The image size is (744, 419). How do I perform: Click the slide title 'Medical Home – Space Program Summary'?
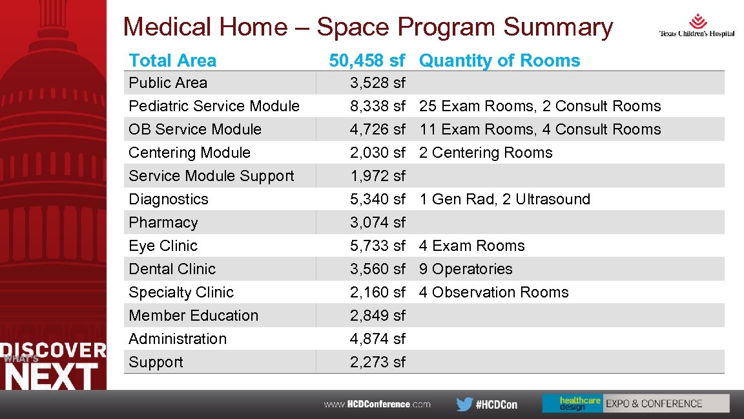(367, 27)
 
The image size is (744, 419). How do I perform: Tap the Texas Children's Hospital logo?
(697, 26)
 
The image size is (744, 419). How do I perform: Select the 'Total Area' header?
(172, 61)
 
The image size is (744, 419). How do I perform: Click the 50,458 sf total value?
(367, 61)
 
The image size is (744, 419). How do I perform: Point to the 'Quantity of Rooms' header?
(499, 61)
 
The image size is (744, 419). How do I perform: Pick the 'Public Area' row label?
(168, 83)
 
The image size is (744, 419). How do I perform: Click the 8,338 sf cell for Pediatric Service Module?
(377, 106)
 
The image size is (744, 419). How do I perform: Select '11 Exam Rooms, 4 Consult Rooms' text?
(540, 129)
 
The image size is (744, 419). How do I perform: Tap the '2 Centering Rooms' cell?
(486, 153)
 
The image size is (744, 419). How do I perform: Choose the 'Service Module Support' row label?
(211, 176)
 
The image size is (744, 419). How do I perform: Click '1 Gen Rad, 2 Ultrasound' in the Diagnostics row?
(504, 199)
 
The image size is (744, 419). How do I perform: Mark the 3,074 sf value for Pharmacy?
(377, 222)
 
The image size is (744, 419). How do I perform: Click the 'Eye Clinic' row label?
(163, 246)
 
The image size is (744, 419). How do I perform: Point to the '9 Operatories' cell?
(465, 269)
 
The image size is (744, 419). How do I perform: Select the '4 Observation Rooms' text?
(493, 292)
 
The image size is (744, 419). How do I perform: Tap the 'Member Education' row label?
(193, 316)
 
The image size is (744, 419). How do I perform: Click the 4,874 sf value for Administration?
(377, 339)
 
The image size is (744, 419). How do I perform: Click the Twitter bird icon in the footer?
(464, 404)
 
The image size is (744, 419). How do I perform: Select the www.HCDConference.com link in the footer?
(377, 404)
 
